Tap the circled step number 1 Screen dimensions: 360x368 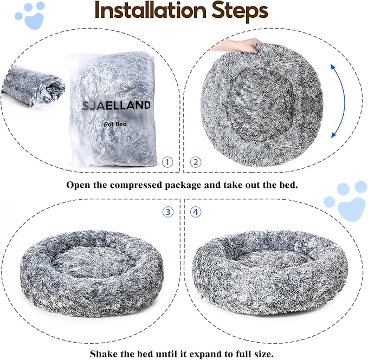click(x=168, y=162)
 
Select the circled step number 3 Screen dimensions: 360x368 click(x=168, y=212)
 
